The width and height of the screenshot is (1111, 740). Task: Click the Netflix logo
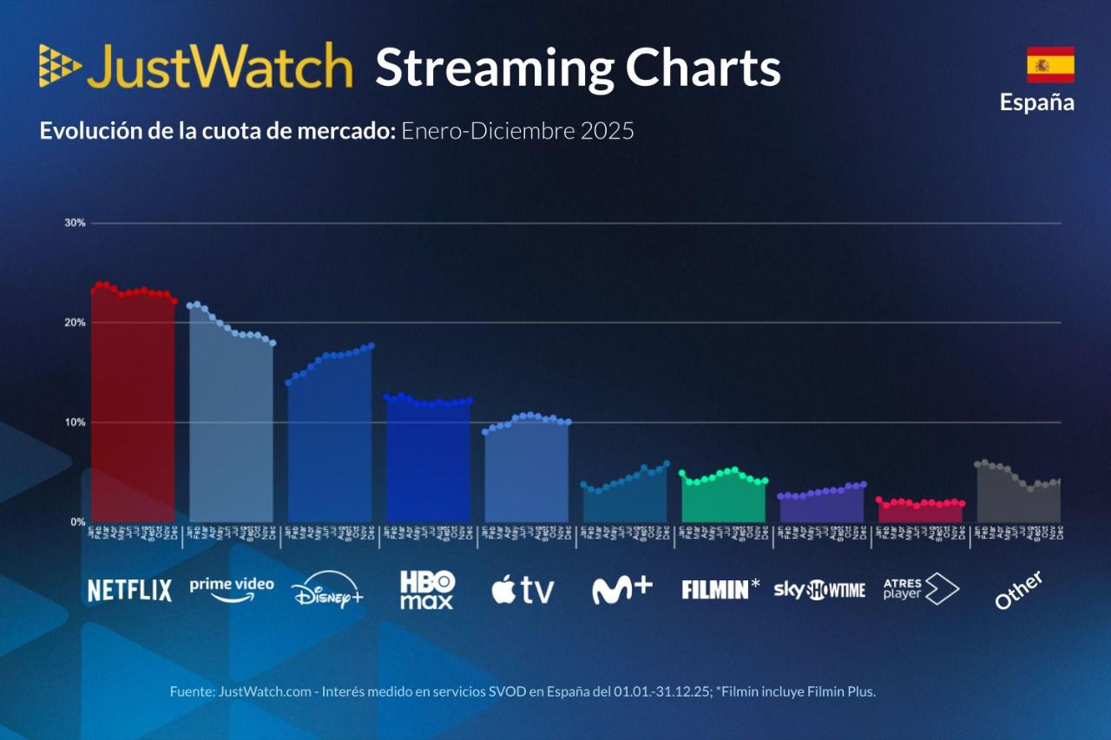coord(129,591)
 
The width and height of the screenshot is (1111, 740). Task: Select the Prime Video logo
coord(232,587)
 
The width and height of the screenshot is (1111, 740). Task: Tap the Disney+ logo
coord(327,590)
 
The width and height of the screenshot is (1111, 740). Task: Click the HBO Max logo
coord(427,590)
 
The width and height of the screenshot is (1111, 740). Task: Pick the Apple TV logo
coord(523,590)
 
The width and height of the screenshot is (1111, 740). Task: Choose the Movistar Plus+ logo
coord(621,589)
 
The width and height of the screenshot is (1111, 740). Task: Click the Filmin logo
coord(720,590)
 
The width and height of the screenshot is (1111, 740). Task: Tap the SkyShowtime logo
coord(819,591)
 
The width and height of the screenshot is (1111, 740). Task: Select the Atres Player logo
coord(920,589)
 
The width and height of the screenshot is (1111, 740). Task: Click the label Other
coord(1019,591)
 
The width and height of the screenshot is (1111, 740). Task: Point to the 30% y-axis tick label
coord(75,223)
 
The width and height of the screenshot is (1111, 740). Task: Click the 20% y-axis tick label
coord(75,323)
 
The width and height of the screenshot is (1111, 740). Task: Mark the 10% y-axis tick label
coord(75,422)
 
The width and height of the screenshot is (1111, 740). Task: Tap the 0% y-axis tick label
coord(77,522)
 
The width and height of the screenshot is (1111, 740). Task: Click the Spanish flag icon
coord(1050,64)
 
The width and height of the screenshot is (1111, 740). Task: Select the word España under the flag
coord(1036,102)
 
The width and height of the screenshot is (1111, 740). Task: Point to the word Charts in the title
coord(702,68)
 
